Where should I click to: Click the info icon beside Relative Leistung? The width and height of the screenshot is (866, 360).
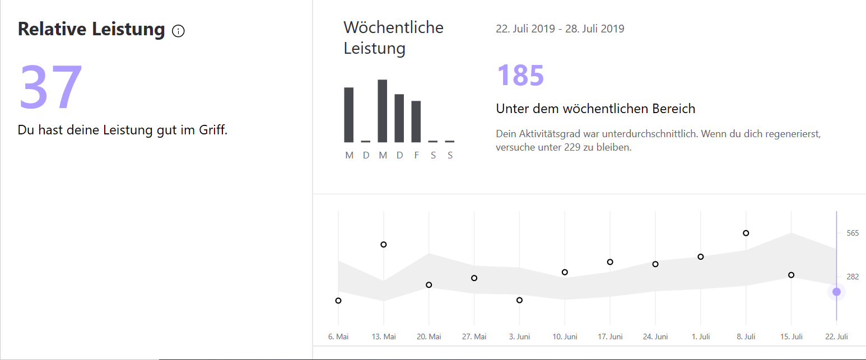click(178, 31)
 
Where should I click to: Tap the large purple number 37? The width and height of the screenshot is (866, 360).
click(51, 87)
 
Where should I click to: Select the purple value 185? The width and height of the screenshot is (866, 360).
click(520, 75)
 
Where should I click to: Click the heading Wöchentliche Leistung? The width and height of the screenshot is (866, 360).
click(393, 38)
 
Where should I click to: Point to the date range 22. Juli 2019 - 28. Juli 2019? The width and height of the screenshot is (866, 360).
click(560, 29)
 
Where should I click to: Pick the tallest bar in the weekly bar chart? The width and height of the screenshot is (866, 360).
click(383, 111)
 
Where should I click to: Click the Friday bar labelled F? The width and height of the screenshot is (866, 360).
click(416, 121)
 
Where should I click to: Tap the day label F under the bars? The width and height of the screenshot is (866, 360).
click(416, 156)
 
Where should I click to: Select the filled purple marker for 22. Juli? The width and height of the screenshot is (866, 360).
click(836, 292)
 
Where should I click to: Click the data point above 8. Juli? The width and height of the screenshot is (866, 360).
click(746, 233)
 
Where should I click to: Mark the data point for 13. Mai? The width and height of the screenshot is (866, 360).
click(384, 245)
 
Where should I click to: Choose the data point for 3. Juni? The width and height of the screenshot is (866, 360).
click(519, 300)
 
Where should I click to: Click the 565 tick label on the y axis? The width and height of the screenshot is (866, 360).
click(852, 233)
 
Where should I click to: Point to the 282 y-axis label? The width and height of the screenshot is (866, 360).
click(852, 277)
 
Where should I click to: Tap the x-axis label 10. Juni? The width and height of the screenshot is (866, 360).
click(565, 336)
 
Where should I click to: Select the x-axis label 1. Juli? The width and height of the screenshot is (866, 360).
click(700, 336)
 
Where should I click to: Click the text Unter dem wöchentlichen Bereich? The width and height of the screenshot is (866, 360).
click(595, 109)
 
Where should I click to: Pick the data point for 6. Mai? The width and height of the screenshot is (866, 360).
click(338, 301)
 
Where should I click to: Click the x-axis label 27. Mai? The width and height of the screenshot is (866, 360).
click(474, 336)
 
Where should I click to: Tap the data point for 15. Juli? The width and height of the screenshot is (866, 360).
click(791, 275)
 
